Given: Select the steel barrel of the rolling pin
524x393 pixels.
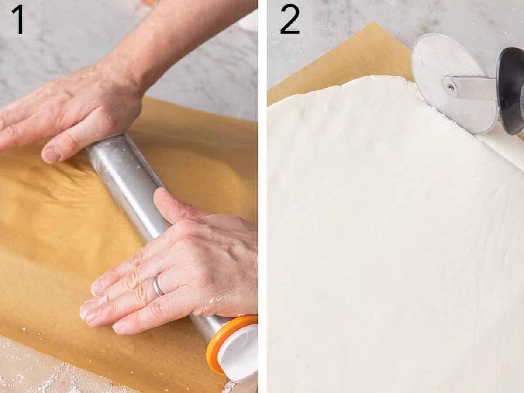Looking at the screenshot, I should tap(131, 183).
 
